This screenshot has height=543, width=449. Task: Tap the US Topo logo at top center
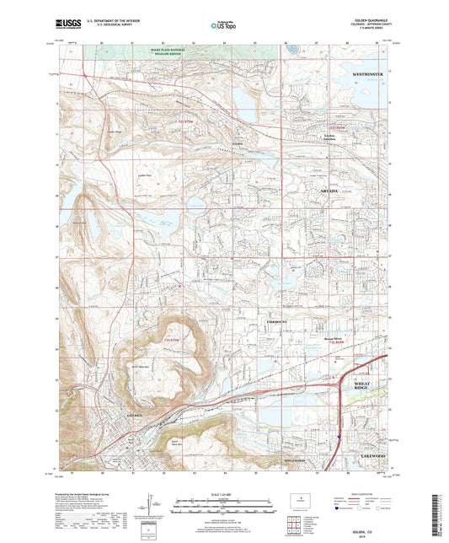click(x=221, y=26)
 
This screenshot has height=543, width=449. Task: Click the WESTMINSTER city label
click(x=366, y=75)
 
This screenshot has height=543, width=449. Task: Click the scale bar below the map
click(x=224, y=509)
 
